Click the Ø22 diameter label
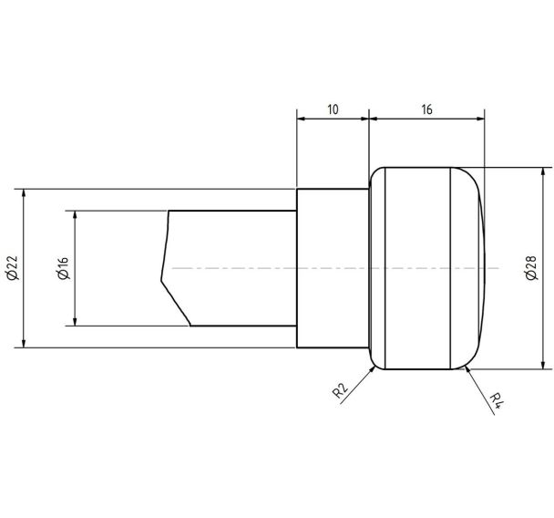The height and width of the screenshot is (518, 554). pos(12,267)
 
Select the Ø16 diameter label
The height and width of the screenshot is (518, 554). pos(64,268)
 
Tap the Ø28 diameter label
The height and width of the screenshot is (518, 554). pos(531,267)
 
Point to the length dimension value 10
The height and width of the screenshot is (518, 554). pos(333,109)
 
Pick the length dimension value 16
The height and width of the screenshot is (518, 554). pos(426,109)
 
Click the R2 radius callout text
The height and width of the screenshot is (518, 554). pos(340,390)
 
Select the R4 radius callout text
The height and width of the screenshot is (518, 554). pos(496,400)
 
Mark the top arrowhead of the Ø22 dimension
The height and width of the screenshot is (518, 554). pos(24,193)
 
